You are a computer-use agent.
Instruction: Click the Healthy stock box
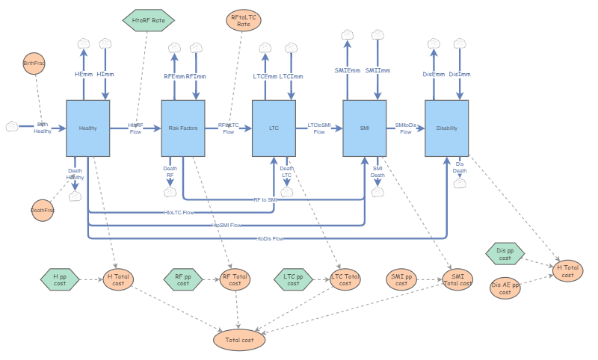tap(88, 128)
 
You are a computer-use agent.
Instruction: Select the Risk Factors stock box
tap(183, 128)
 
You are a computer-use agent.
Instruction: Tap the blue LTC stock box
tap(274, 128)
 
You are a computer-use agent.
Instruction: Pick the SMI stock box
tap(365, 128)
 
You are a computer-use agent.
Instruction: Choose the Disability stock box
tap(446, 128)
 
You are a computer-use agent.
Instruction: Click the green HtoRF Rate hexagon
tap(148, 20)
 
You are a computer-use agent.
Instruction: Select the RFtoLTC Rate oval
tap(244, 21)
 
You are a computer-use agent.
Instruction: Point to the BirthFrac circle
tap(34, 64)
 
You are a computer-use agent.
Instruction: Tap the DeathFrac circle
tap(43, 211)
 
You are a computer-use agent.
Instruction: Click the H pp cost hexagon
tap(60, 280)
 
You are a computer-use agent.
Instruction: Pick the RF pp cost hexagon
tap(183, 280)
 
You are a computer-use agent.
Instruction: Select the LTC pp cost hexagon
tap(293, 280)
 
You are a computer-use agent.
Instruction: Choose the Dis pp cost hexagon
tap(505, 253)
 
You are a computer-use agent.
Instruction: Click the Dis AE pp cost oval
tap(505, 288)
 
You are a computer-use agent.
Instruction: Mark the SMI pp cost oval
tap(401, 280)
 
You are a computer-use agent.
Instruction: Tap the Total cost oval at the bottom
tap(239, 340)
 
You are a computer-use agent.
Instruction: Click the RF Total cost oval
tap(235, 280)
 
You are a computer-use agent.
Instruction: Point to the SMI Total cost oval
tap(457, 280)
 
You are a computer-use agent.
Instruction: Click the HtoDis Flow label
tap(270, 238)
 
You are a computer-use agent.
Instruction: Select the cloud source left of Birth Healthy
tap(12, 127)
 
